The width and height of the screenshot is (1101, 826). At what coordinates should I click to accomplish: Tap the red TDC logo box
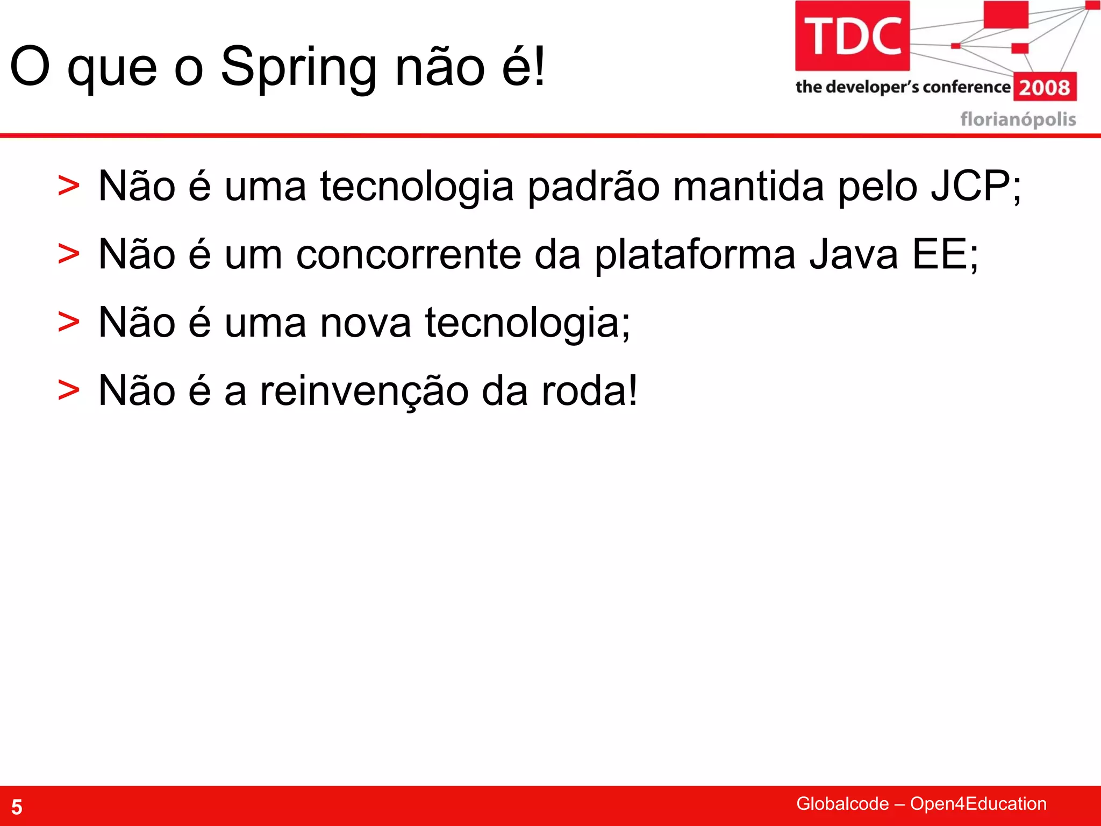coord(852,36)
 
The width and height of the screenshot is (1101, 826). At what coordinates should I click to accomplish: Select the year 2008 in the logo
coord(1045,88)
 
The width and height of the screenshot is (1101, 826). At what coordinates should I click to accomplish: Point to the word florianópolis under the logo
coord(1018,119)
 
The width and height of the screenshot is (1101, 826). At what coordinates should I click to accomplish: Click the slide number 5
coord(17,807)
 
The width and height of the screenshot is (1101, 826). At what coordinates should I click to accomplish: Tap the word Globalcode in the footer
coord(842,803)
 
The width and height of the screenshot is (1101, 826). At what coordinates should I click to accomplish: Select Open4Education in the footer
coord(978,803)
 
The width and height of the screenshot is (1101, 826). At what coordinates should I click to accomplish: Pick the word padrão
coord(594,187)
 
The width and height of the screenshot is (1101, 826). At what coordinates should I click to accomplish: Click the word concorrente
coord(409,254)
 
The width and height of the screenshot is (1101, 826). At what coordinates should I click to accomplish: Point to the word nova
coord(366,323)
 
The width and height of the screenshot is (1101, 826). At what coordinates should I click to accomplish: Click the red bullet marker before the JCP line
coord(69,186)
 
